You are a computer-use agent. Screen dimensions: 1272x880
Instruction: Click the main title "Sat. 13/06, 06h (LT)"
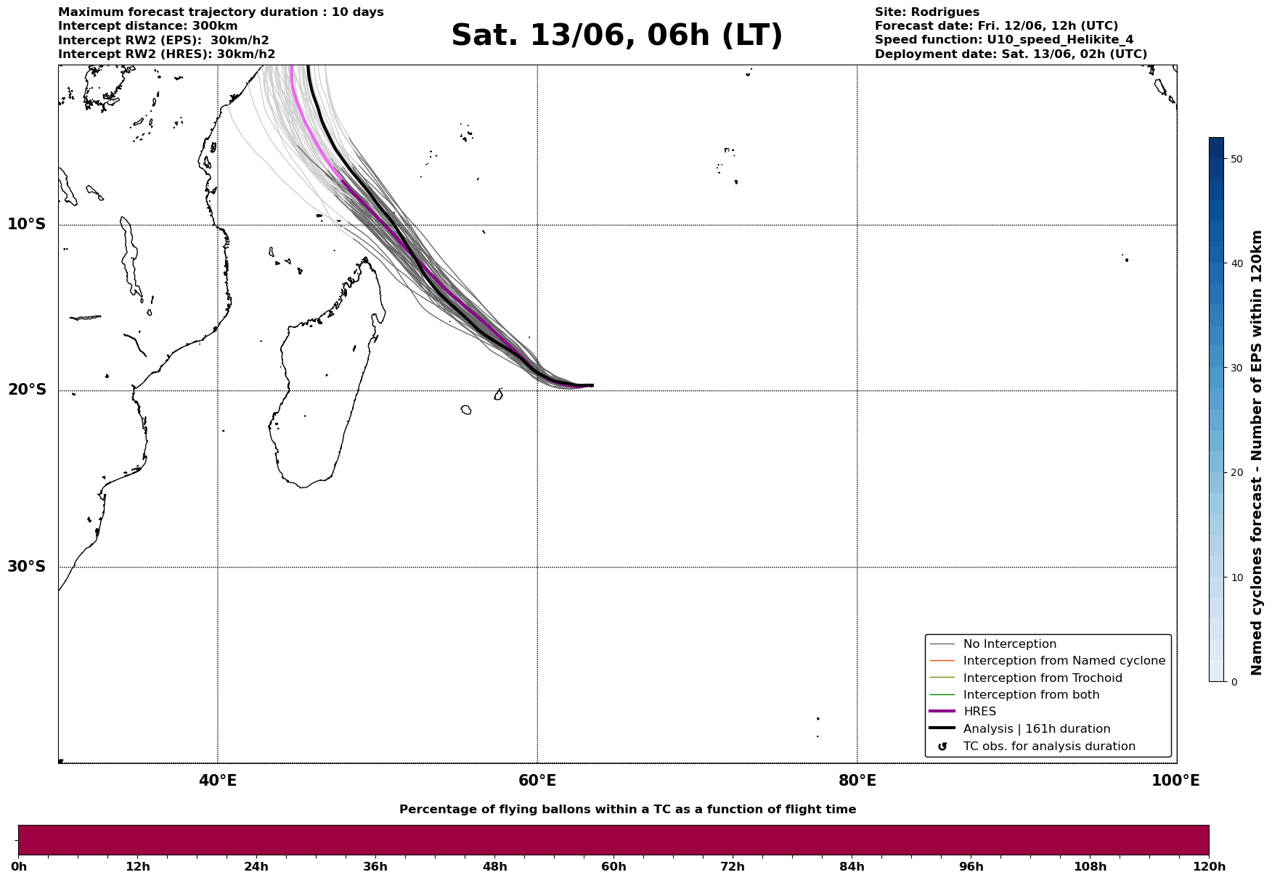point(617,36)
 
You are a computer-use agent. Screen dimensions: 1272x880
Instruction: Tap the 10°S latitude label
point(27,224)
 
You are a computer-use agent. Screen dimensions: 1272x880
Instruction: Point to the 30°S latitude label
point(27,567)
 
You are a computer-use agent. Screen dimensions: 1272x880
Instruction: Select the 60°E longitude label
point(537,781)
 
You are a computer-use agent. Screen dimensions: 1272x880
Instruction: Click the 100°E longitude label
point(1175,781)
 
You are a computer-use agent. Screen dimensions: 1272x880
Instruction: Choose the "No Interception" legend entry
point(1010,644)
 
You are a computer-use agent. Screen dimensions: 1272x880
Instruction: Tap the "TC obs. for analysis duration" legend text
point(1049,746)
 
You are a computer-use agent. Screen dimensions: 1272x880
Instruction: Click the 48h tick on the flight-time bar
point(495,867)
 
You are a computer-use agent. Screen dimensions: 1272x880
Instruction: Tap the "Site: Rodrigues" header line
point(927,12)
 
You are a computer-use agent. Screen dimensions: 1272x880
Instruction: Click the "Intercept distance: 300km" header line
point(148,26)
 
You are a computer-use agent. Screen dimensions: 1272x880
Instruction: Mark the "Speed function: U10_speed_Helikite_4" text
point(1004,40)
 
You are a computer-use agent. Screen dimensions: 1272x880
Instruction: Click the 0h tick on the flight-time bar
point(18,867)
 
